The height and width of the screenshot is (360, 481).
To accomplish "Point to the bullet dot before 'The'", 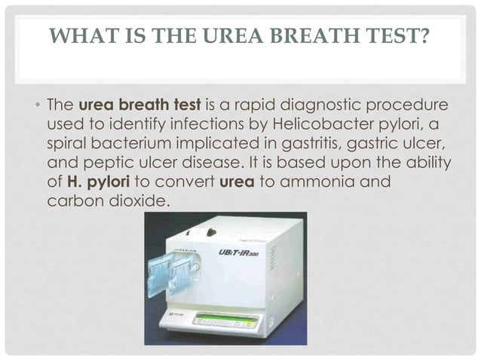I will (37, 103).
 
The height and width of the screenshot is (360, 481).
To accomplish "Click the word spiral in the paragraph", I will (69, 142).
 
